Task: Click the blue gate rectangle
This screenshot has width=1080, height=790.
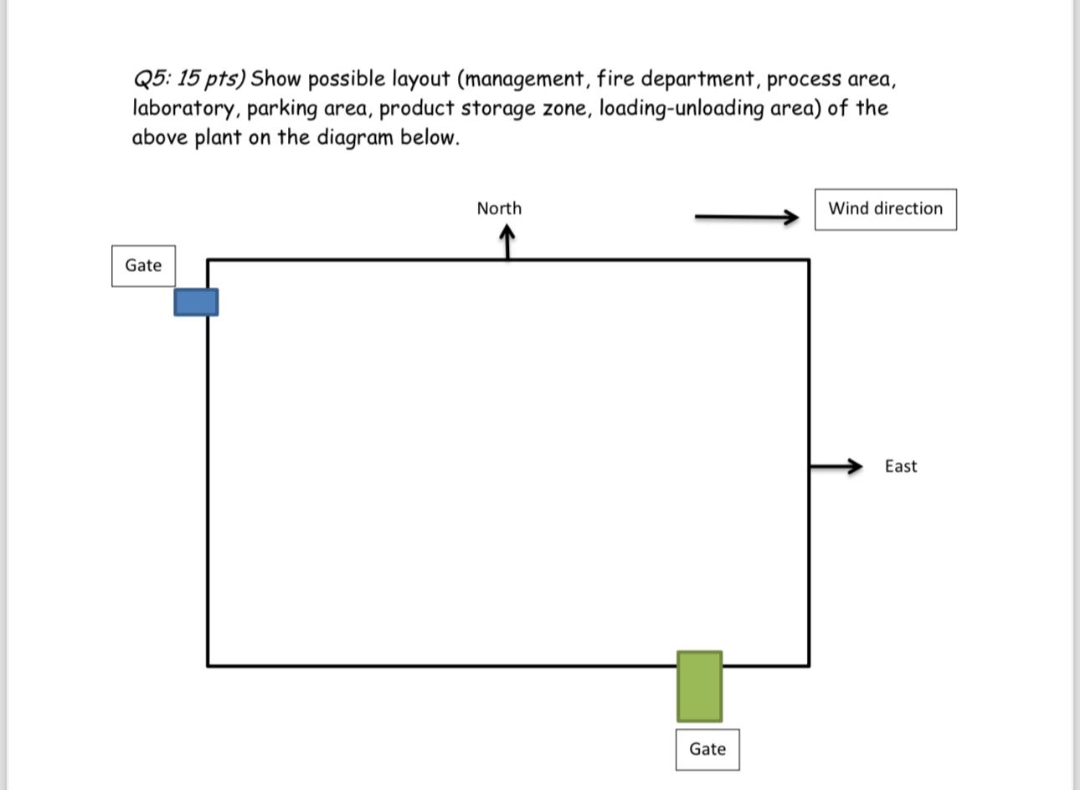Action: pyautogui.click(x=196, y=302)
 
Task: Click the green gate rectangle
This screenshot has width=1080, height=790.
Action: pyautogui.click(x=699, y=686)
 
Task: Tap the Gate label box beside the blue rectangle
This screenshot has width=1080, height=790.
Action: pyautogui.click(x=143, y=266)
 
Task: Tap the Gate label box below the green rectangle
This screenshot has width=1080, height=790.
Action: pyautogui.click(x=707, y=749)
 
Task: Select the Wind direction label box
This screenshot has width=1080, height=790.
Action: pyautogui.click(x=885, y=209)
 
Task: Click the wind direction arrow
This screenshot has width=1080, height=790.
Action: pyautogui.click(x=746, y=218)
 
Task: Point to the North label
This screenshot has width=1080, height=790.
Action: pyautogui.click(x=499, y=208)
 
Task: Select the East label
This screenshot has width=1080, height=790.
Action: pyautogui.click(x=900, y=466)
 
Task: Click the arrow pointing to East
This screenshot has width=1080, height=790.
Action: pyautogui.click(x=836, y=466)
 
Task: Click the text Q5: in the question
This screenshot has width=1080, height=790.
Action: pyautogui.click(x=152, y=80)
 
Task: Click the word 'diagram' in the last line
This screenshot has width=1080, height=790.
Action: pyautogui.click(x=355, y=138)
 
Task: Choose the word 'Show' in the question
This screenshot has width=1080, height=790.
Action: pyautogui.click(x=275, y=80)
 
